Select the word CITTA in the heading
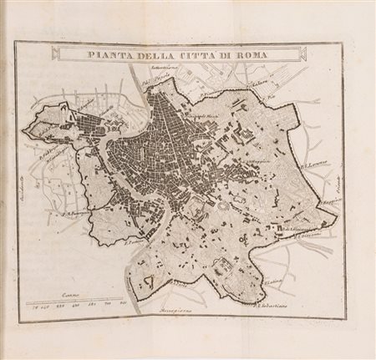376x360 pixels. point(196,55)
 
